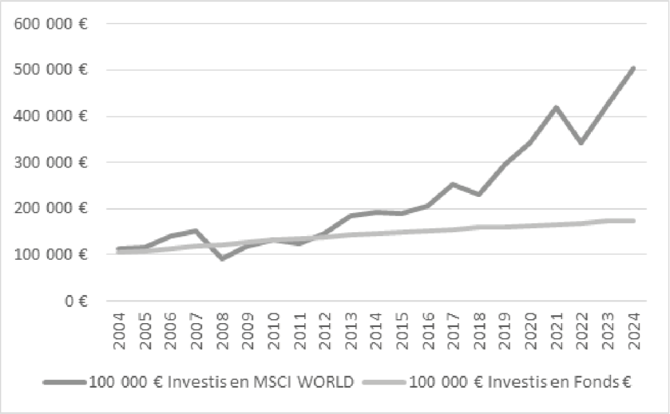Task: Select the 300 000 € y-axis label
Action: pyautogui.click(x=50, y=162)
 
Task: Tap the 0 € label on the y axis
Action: pyautogui.click(x=76, y=301)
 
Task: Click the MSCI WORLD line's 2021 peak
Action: pyautogui.click(x=555, y=107)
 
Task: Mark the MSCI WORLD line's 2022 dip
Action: pyautogui.click(x=581, y=142)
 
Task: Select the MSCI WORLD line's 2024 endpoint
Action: pyautogui.click(x=633, y=68)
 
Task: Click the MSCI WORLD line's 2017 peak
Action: pyautogui.click(x=453, y=184)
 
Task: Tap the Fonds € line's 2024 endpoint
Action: pyautogui.click(x=633, y=221)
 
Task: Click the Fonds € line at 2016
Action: pyautogui.click(x=427, y=230)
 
